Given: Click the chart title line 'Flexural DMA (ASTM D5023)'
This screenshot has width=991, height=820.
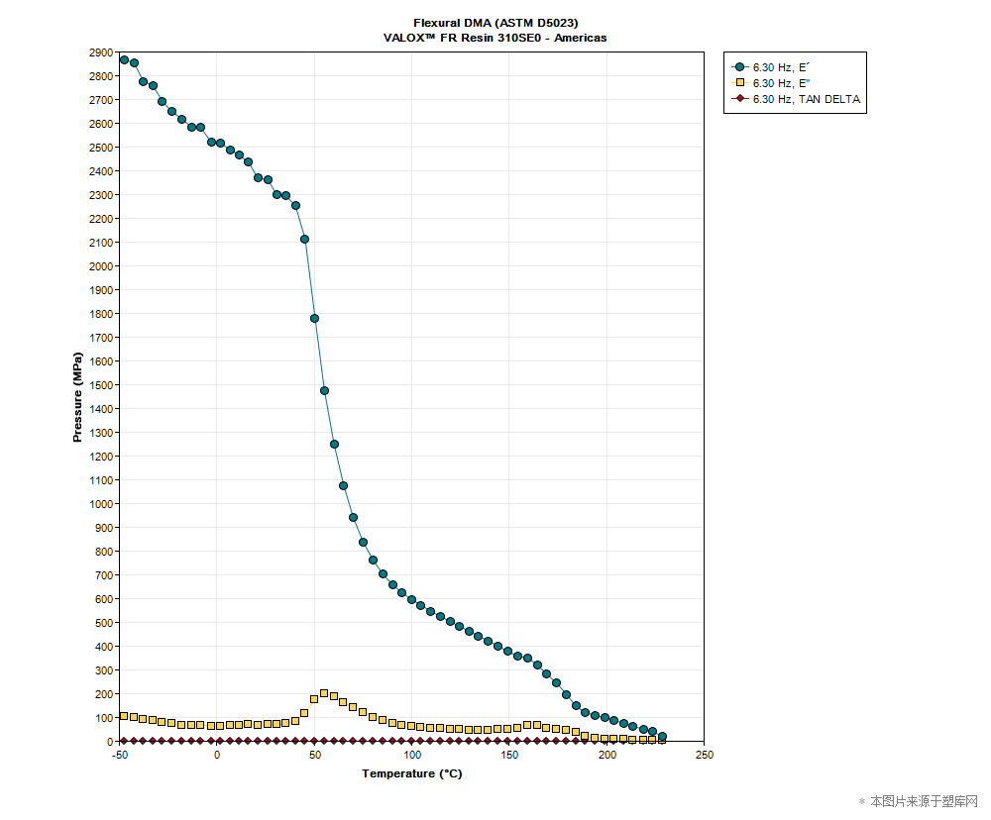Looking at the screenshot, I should click(x=495, y=23).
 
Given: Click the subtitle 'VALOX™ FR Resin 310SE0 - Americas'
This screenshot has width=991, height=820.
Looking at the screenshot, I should click(x=495, y=38).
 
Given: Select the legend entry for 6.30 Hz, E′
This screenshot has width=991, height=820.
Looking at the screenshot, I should click(x=782, y=66).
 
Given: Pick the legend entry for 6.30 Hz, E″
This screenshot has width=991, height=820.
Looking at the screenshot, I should click(x=782, y=82).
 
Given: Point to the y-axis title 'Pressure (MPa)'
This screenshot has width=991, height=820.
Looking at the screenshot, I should click(x=78, y=396).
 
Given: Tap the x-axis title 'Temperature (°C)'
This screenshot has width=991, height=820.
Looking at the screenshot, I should click(x=411, y=773).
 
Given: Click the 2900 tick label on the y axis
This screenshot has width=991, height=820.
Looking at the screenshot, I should click(x=101, y=52).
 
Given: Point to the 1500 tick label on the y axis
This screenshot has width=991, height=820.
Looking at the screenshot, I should click(x=101, y=385).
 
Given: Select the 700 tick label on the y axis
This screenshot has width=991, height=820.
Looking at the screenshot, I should click(x=104, y=575).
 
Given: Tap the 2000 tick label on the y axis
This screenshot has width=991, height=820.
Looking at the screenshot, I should click(x=101, y=266).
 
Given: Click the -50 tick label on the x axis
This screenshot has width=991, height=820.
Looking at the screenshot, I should click(x=120, y=755).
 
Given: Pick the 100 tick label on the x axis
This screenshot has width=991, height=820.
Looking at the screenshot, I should click(x=411, y=755).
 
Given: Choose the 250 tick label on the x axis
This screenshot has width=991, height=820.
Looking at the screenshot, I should click(x=704, y=755).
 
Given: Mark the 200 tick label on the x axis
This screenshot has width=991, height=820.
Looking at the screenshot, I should click(x=606, y=755).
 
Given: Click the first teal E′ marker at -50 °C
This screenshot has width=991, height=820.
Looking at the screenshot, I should click(x=124, y=59).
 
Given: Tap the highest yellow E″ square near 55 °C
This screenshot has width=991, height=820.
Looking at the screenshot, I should click(x=324, y=693).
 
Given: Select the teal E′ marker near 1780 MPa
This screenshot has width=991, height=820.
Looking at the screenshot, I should click(x=314, y=318).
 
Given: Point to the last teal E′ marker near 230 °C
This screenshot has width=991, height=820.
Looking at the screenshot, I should click(x=662, y=737).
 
